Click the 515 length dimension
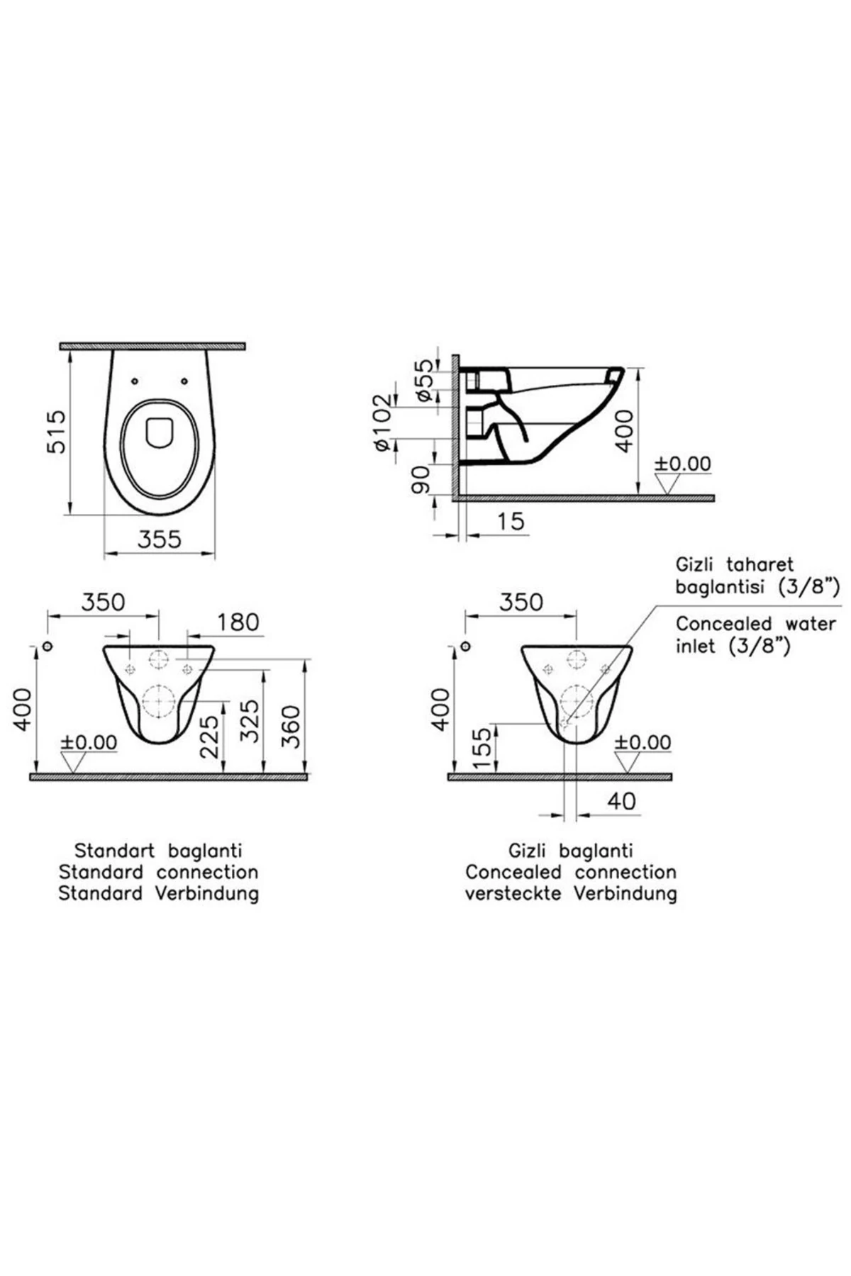[x=55, y=431]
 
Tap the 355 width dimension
[x=159, y=539]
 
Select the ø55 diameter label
[x=423, y=380]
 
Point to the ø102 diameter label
[x=382, y=422]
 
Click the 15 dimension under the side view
[x=510, y=521]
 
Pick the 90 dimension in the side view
[x=420, y=480]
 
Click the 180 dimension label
[x=238, y=622]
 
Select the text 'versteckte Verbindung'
[x=571, y=893]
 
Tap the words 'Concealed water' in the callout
[x=756, y=624]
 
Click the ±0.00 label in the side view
[x=682, y=464]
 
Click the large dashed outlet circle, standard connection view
[x=159, y=702]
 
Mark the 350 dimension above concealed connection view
[x=521, y=603]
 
